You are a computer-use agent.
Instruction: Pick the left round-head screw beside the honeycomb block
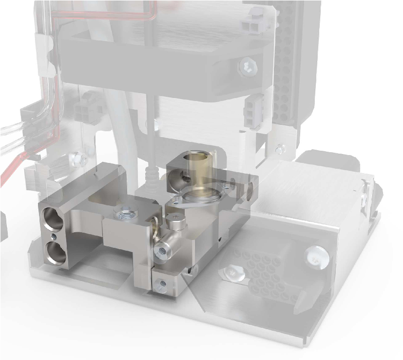point(233,272)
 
